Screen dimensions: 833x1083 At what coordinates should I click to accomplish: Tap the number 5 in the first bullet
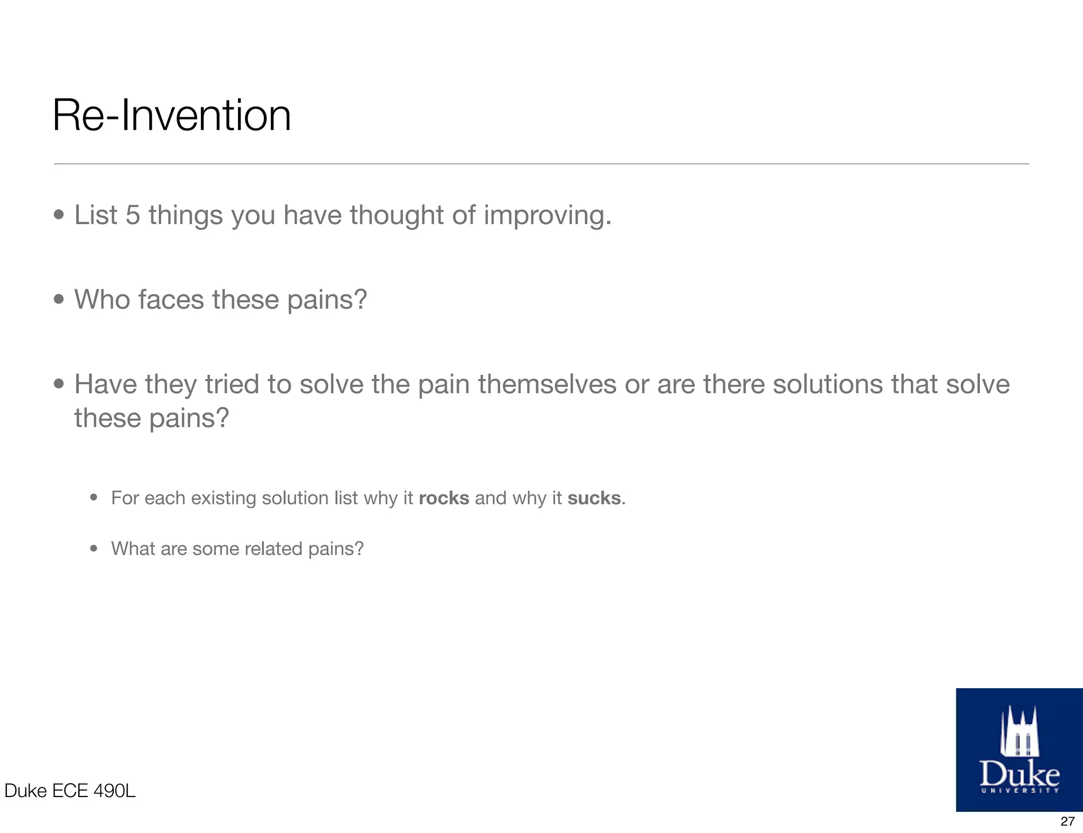tap(133, 215)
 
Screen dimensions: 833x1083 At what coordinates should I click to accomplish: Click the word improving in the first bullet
tap(547, 216)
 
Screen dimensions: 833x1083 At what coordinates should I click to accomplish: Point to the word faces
tap(171, 300)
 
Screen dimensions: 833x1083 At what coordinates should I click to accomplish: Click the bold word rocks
tap(444, 498)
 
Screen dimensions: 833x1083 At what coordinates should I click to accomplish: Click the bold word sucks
tap(593, 498)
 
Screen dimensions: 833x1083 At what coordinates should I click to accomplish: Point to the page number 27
tap(1067, 821)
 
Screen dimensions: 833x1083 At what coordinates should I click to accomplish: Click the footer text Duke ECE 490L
tap(70, 791)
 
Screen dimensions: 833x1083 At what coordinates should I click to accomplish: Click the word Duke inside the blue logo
tap(1019, 774)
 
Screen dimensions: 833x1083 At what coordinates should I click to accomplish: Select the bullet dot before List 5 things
tap(59, 215)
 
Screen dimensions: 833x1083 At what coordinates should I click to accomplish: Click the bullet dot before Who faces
tap(59, 300)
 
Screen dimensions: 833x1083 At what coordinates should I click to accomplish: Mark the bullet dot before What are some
tap(94, 549)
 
